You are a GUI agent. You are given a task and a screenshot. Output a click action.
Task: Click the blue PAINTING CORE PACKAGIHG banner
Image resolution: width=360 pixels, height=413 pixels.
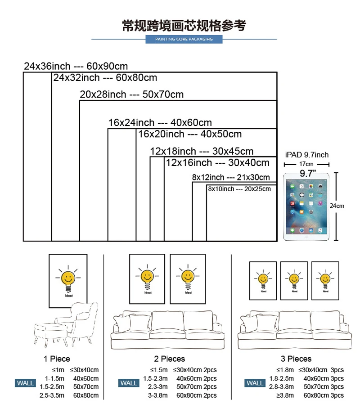[184, 39]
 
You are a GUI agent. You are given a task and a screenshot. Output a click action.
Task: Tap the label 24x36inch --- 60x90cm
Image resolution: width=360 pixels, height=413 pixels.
[76, 66]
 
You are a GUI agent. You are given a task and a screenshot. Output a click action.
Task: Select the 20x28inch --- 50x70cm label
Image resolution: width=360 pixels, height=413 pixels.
[132, 94]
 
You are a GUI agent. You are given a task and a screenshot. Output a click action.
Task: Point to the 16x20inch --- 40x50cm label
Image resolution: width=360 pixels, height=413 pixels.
[190, 134]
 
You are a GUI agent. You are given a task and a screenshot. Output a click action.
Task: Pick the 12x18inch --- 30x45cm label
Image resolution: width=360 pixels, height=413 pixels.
[202, 151]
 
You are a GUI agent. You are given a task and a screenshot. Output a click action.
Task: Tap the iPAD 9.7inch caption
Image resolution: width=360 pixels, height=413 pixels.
[307, 155]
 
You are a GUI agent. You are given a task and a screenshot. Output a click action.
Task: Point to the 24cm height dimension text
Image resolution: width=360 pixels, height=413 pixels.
[337, 206]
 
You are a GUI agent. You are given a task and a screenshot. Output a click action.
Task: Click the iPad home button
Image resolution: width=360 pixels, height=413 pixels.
[307, 235]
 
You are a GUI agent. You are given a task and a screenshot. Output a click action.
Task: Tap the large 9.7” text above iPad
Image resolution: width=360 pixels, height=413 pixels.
[308, 173]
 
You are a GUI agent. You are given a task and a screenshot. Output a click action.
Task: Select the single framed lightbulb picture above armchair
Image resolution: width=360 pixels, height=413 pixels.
[68, 281]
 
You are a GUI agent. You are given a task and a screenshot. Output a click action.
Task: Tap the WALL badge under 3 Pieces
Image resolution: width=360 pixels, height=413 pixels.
[255, 383]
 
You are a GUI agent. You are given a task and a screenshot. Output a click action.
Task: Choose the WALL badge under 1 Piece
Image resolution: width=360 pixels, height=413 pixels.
[25, 383]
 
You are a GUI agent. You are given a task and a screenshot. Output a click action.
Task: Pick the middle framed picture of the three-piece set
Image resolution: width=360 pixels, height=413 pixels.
[294, 280]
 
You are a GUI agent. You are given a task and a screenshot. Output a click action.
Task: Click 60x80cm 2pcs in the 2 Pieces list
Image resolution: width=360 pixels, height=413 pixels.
[196, 395]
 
